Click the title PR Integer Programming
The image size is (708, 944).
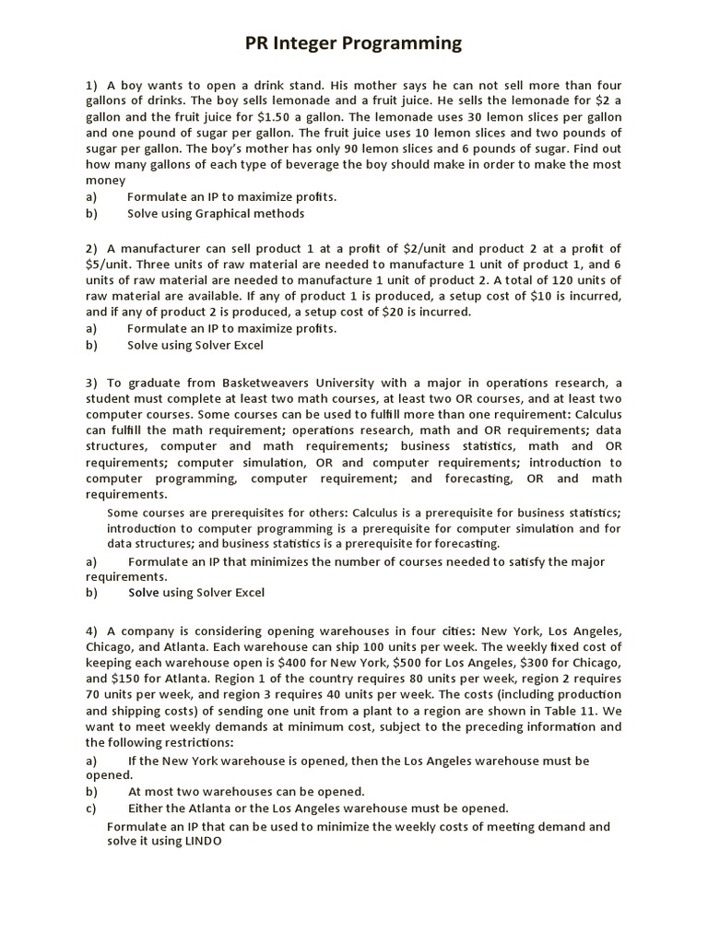click(353, 43)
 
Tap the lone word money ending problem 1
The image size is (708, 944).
click(105, 181)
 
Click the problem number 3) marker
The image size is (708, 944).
click(92, 383)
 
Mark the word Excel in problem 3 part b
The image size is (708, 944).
click(246, 592)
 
